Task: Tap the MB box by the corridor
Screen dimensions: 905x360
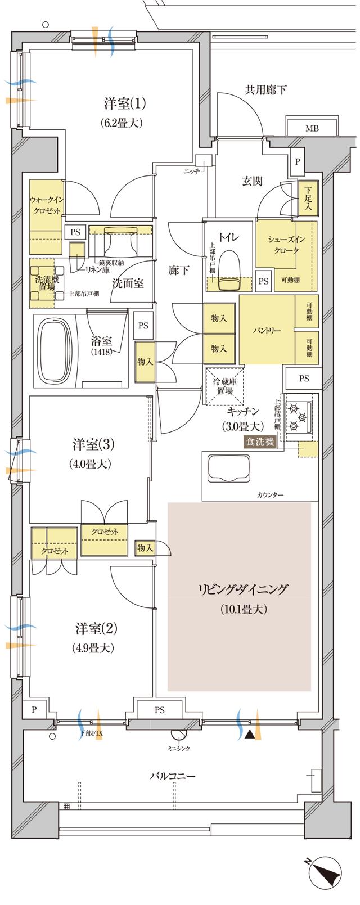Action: [x=312, y=128]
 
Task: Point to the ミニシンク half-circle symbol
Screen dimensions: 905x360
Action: [x=181, y=735]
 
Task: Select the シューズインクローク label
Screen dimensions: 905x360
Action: [x=286, y=245]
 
